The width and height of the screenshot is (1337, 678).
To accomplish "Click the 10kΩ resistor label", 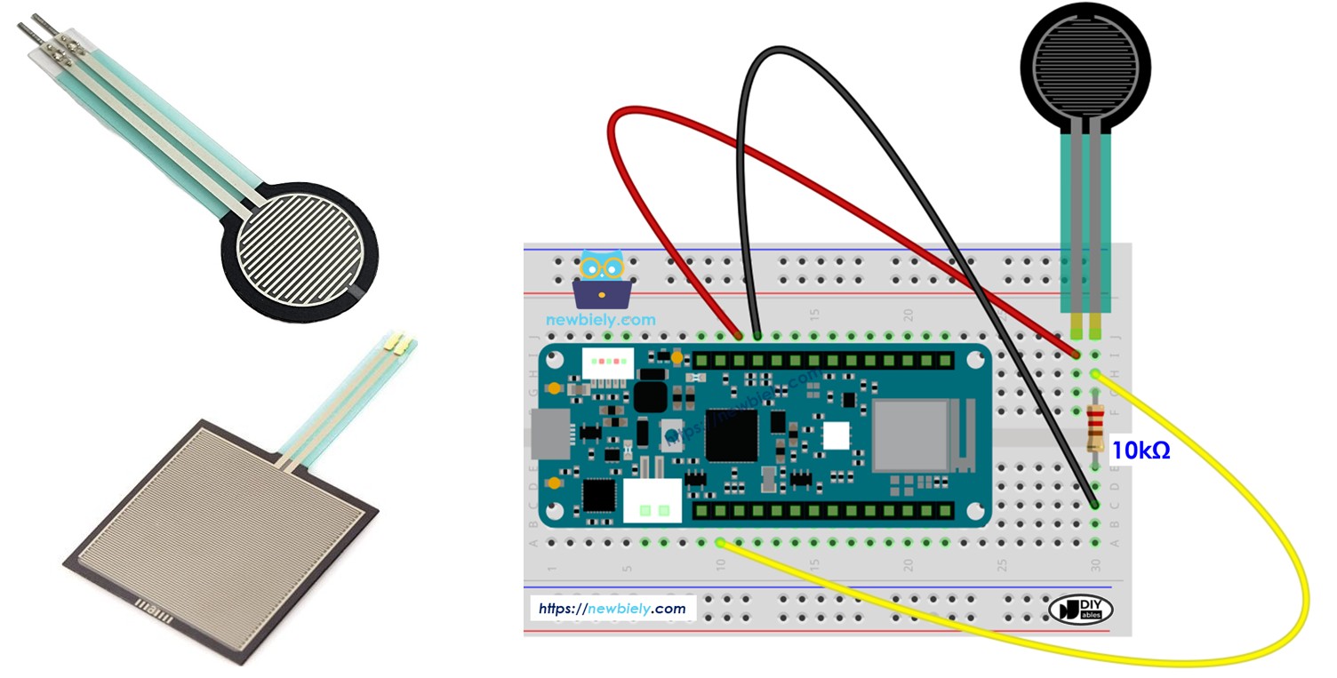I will coord(1141,451).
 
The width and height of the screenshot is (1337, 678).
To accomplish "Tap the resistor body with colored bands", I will coord(1096,426).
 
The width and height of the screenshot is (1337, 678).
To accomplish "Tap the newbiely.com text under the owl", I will coord(601,320).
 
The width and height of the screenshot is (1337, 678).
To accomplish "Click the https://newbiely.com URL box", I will coord(613,609).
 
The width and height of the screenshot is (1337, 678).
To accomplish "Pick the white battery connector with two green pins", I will coord(652,501).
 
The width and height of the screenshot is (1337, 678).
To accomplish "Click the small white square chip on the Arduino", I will coord(836,435).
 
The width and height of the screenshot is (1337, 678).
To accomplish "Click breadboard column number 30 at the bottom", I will coord(1096,564).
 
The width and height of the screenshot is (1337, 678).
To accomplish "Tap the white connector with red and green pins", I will coord(608,362).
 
